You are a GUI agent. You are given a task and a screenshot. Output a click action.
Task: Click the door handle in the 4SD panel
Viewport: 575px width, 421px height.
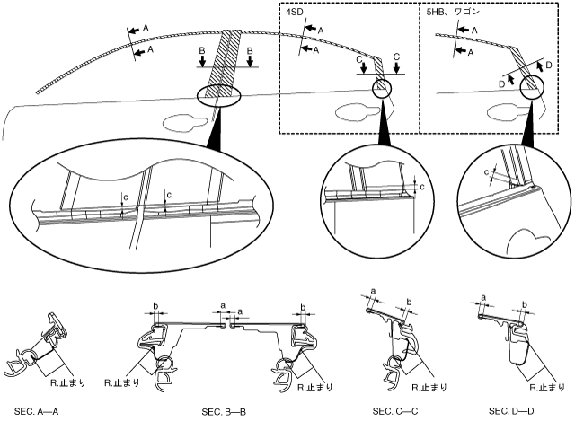pyautogui.click(x=351, y=111)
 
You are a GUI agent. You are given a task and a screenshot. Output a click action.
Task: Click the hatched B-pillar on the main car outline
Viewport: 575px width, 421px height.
pyautogui.click(x=227, y=63)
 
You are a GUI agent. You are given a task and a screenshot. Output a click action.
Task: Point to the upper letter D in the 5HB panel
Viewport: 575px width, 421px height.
pyautogui.click(x=548, y=65)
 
